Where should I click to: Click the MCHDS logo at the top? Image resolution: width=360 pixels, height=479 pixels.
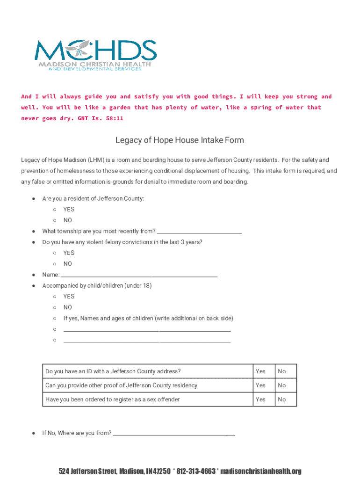coord(96,55)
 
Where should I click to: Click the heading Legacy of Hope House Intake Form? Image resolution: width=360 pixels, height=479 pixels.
coord(180,140)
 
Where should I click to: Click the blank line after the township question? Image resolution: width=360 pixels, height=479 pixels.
coord(199,232)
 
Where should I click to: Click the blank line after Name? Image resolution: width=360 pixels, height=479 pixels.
coord(139,276)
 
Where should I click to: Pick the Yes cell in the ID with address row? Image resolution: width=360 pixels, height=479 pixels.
coord(260,371)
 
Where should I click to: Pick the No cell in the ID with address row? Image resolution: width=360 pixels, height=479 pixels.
coord(281,371)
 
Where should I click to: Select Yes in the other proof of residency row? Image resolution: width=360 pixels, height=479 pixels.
coord(260,385)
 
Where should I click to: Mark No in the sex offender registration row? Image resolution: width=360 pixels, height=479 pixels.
coord(281,399)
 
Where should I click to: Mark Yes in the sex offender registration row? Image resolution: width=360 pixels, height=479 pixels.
coord(260,399)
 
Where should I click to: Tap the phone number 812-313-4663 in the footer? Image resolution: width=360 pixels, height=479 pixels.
coord(196,471)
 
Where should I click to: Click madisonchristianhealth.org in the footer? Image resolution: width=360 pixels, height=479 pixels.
coord(260,471)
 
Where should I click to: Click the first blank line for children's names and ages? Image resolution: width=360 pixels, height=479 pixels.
coord(147,330)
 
